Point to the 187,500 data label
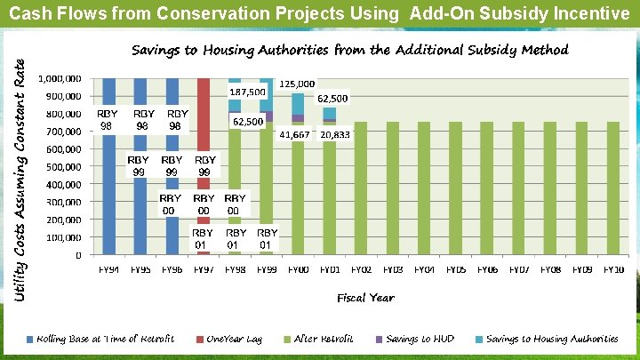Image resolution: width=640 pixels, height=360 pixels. tap(247, 92)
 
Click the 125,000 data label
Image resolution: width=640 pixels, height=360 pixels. tap(298, 84)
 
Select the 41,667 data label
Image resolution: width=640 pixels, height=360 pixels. tap(294, 134)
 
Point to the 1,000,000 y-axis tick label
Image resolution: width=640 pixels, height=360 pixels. tap(61, 78)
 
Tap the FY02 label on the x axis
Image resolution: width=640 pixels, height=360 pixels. tap(361, 269)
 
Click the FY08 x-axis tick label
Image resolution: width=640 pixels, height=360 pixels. tap(550, 269)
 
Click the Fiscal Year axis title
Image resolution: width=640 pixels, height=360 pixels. tap(365, 298)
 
